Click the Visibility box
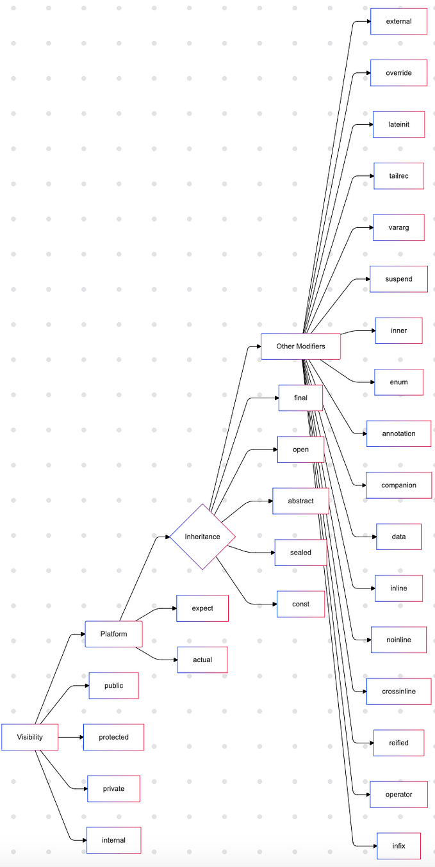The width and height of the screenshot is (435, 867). click(30, 737)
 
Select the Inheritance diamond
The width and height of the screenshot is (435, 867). click(202, 537)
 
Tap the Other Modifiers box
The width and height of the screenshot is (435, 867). click(300, 346)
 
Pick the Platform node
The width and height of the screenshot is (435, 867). click(113, 634)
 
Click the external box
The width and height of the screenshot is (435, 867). click(398, 21)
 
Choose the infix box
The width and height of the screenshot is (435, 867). click(398, 846)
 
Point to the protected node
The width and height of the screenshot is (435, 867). click(113, 737)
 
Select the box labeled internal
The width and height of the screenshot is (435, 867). click(113, 840)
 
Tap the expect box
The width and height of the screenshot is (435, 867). click(202, 608)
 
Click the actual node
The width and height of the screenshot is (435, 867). click(202, 660)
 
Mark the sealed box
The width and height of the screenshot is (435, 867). click(300, 553)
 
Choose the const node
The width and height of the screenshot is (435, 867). click(300, 604)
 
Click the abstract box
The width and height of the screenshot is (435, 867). click(300, 501)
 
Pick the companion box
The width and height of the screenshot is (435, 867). click(398, 485)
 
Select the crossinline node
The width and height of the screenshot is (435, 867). click(398, 692)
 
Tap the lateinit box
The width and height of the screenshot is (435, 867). click(398, 124)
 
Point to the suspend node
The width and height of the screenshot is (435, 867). click(398, 279)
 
